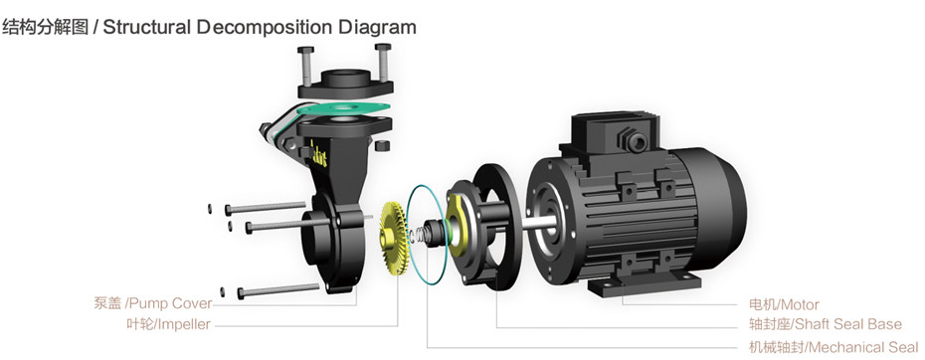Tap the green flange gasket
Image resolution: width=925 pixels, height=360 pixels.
[x=343, y=108]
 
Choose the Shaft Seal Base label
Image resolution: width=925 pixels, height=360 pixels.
[x=826, y=324]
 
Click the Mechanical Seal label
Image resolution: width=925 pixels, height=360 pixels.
[x=832, y=347]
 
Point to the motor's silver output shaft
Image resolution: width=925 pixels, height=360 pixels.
[x=539, y=223]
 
